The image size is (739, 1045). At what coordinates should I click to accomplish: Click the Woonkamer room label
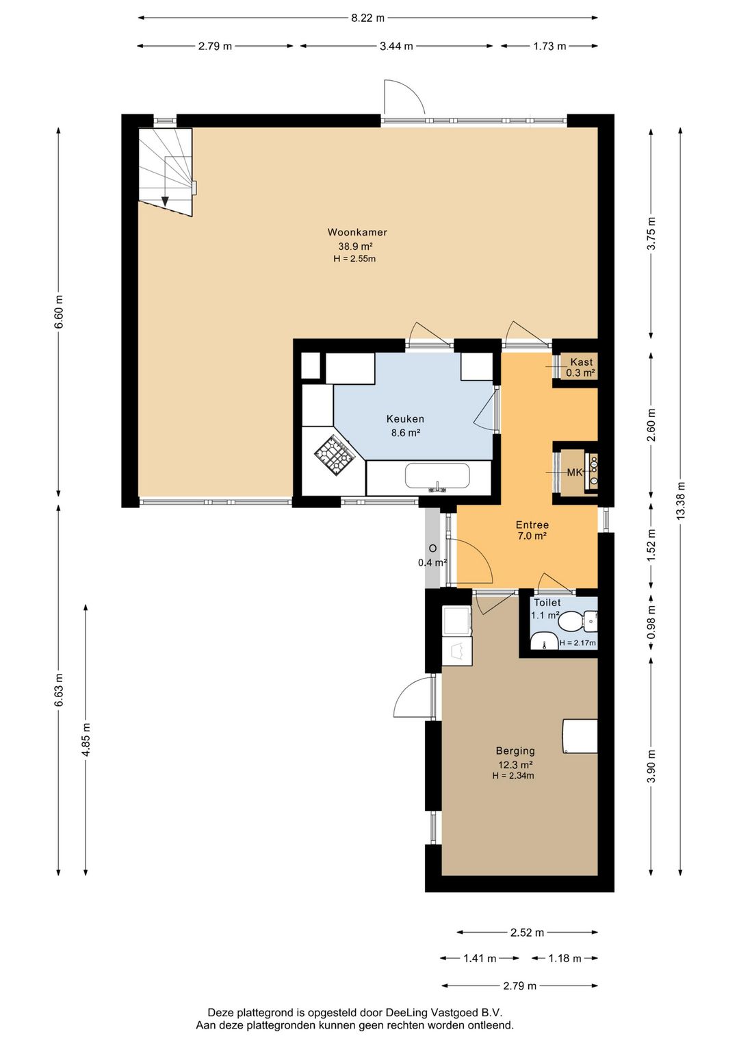356,232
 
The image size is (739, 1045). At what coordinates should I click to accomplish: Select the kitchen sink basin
437,475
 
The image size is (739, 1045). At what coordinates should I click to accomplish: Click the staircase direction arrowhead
165,201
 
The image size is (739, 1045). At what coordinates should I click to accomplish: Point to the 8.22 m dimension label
368,18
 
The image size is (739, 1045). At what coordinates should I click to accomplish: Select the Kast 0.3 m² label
581,367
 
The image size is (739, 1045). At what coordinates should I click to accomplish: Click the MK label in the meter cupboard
574,473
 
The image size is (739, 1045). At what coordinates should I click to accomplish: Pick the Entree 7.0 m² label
532,530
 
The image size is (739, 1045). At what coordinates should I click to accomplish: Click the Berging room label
515,751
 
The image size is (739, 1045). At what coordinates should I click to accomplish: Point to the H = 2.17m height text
578,643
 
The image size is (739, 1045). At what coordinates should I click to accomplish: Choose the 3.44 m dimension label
396,46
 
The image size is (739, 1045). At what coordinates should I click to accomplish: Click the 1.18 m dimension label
565,958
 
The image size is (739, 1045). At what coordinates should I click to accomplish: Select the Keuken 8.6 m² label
406,425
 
